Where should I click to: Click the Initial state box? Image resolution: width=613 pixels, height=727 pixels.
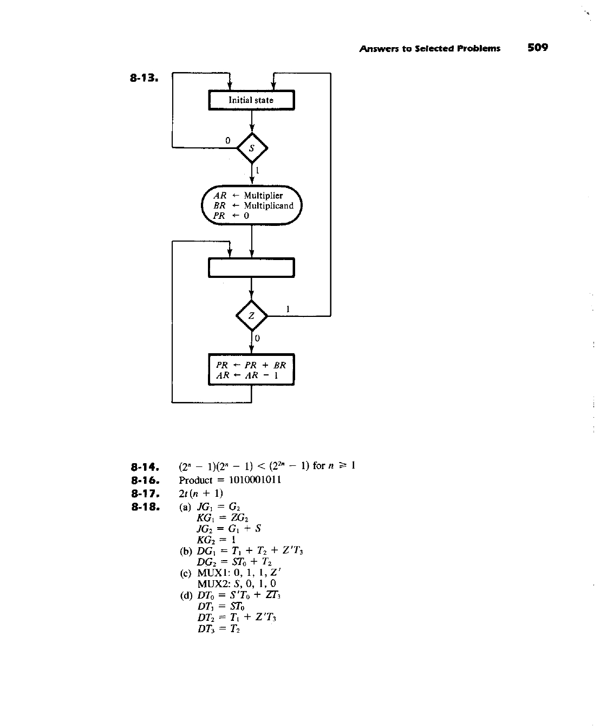[251, 100]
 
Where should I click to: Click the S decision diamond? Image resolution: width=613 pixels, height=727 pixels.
[252, 147]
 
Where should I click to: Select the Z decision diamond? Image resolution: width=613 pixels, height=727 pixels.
[252, 315]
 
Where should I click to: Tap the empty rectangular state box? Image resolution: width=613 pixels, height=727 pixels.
[251, 268]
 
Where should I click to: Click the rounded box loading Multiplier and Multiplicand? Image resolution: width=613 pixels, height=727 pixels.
[252, 205]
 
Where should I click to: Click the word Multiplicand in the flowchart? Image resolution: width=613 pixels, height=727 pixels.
[269, 205]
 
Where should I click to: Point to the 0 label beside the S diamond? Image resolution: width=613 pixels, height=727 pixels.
[228, 140]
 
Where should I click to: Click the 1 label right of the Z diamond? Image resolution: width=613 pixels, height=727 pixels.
[288, 308]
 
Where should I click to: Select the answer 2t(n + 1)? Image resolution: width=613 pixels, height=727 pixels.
[201, 494]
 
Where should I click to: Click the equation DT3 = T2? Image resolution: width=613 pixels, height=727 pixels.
[219, 629]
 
